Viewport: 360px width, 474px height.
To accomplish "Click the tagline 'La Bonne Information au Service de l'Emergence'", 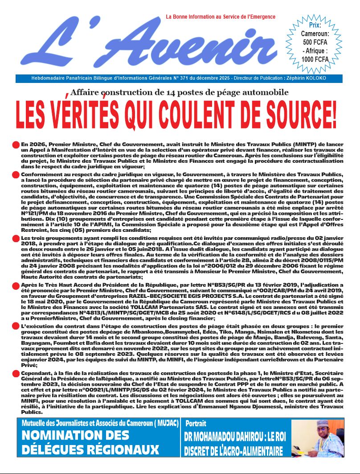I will (220, 17).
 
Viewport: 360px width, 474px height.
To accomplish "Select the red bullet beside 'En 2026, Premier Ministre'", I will (15, 145).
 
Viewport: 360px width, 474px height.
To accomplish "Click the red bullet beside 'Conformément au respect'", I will (15, 176).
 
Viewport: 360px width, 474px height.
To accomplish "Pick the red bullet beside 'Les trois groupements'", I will (15, 239).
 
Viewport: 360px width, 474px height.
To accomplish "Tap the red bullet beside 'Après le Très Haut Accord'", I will (15, 286).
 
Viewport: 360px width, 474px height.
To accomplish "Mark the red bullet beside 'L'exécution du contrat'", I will (15, 327).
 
